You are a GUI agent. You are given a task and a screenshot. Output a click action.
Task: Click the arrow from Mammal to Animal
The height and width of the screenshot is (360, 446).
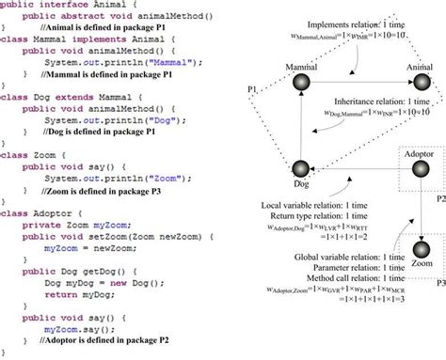coord(358,85)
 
